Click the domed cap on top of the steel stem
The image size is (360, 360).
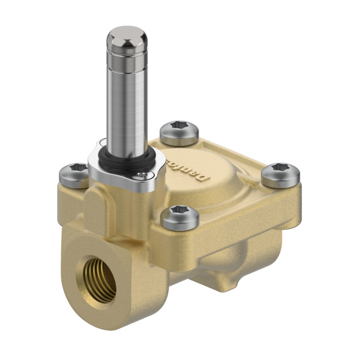click(127, 38)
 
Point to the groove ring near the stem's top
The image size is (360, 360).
click(127, 59)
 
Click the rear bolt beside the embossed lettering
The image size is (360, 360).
click(179, 133)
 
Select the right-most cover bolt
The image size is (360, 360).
click(280, 175)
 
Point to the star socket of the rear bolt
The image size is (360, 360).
click(179, 128)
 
